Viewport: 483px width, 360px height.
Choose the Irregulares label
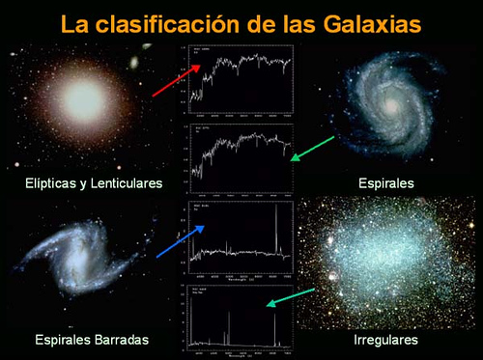tap(385, 341)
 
